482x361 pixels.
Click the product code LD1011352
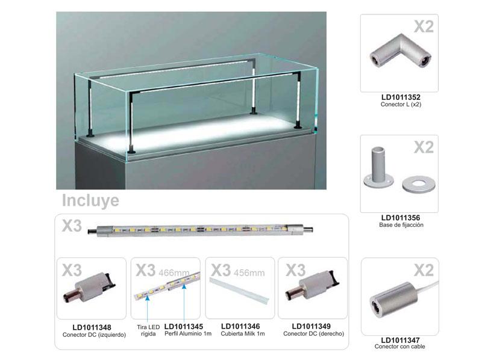click(x=401, y=97)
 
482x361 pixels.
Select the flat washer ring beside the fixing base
click(x=418, y=184)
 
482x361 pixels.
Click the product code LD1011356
click(x=401, y=218)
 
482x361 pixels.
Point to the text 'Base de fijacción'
click(x=401, y=225)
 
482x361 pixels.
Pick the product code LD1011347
click(x=400, y=340)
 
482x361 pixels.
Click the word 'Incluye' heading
click(x=90, y=200)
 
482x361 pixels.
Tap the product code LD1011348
click(x=92, y=328)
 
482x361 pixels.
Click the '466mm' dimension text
click(x=174, y=273)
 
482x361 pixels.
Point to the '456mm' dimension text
click(x=249, y=273)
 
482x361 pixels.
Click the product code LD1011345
click(x=184, y=327)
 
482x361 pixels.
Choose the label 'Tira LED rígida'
click(x=148, y=330)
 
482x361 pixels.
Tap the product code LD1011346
click(x=240, y=327)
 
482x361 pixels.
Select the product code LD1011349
click(x=311, y=327)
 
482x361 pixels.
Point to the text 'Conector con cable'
click(x=399, y=347)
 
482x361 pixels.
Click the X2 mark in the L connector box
click(x=424, y=26)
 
